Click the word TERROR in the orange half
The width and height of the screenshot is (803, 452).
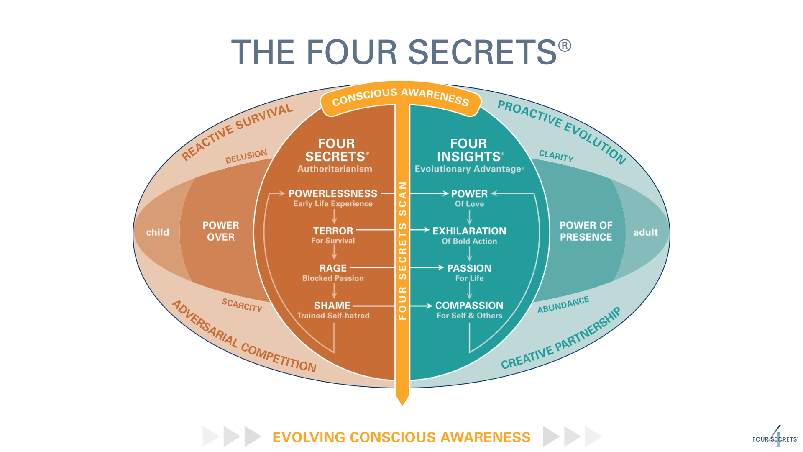[333, 231]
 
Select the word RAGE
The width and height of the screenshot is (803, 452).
[333, 268]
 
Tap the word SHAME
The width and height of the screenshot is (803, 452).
[332, 306]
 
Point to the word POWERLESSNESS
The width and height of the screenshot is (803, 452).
[333, 193]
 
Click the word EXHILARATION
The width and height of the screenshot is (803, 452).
[469, 231]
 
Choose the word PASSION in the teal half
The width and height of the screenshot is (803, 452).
[469, 268]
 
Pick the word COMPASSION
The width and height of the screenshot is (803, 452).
[469, 306]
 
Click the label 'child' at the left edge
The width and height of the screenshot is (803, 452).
[158, 232]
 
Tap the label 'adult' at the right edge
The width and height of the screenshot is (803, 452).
[645, 232]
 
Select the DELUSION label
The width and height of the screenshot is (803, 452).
[246, 157]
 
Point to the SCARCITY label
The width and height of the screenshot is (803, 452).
[242, 305]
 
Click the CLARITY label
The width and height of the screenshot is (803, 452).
[556, 156]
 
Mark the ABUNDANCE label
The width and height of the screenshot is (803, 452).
[563, 305]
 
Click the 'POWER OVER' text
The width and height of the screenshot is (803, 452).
[221, 231]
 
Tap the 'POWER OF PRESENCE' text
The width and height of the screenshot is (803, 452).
[586, 231]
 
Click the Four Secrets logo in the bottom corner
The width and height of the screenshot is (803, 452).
[775, 438]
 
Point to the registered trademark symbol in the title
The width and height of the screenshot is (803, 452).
[565, 45]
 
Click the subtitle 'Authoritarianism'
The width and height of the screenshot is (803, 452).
[335, 169]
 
